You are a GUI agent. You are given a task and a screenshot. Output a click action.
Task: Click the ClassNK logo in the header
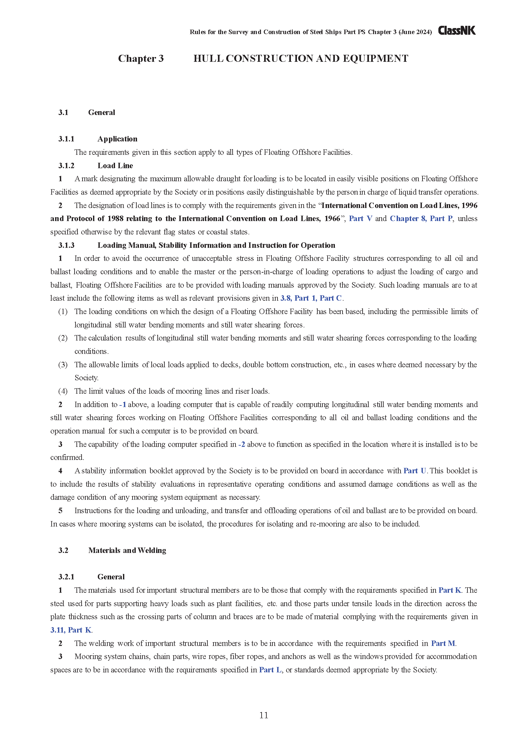[x=457, y=31]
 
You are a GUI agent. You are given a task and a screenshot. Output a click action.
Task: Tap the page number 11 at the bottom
[x=263, y=715]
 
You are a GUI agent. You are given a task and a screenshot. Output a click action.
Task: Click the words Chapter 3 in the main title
[x=141, y=58]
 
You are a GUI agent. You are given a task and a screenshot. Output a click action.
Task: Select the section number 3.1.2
[x=66, y=166]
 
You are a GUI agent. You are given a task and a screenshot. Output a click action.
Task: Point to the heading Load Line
[x=115, y=166]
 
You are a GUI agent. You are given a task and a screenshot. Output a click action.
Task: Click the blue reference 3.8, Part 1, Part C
[x=311, y=298]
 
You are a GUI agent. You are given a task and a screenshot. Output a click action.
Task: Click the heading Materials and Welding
[x=127, y=550]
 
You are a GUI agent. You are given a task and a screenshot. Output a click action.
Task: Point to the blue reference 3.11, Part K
[x=71, y=630]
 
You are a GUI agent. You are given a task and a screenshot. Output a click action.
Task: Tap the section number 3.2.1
[x=66, y=577]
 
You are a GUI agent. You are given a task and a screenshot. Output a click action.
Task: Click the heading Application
[x=117, y=139]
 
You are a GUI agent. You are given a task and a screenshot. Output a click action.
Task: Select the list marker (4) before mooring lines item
[x=63, y=391]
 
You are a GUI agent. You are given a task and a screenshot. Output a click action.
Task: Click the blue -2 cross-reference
[x=242, y=444]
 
